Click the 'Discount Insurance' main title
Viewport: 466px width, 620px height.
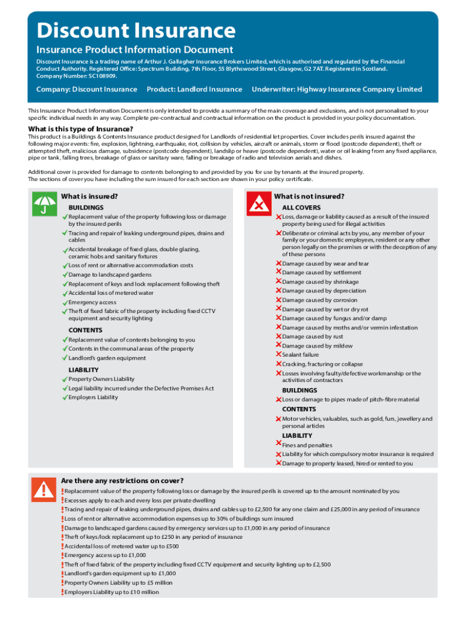[x=136, y=30]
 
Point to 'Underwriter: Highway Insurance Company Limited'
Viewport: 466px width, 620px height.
[x=336, y=90]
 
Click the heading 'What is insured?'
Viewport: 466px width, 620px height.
[x=89, y=197]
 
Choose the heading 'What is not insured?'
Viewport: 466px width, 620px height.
[x=309, y=197]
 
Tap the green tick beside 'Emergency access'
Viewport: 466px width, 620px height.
[x=64, y=302]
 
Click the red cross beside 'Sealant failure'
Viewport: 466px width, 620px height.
[x=278, y=355]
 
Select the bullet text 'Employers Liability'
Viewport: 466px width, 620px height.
[x=93, y=398]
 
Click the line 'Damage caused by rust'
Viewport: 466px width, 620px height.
[x=312, y=337]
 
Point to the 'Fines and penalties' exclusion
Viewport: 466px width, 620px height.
[x=307, y=445]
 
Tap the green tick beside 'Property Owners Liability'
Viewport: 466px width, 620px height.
[x=64, y=380]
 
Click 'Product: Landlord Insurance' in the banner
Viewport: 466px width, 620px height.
[x=194, y=90]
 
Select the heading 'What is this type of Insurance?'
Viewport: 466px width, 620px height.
[x=80, y=129]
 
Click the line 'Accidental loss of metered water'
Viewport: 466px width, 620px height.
[x=111, y=293]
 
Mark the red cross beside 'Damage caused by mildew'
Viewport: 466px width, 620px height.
[x=278, y=346]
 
